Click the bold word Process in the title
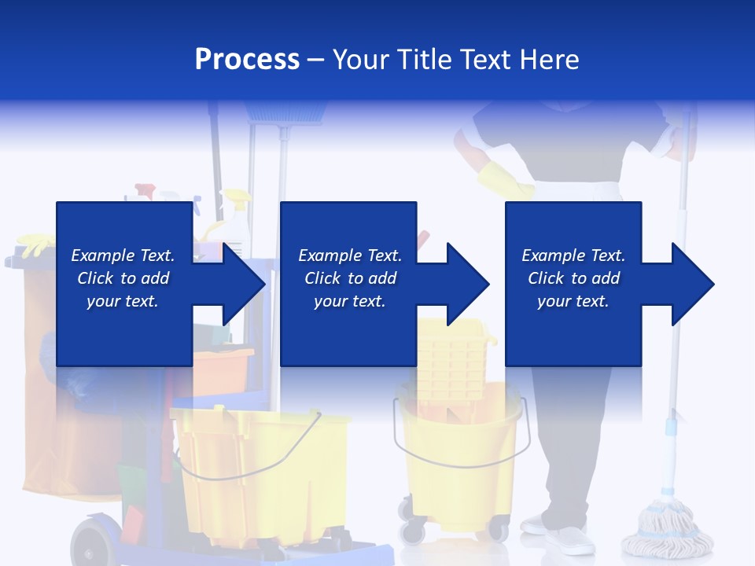pyautogui.click(x=247, y=60)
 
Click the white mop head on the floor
pyautogui.click(x=665, y=531)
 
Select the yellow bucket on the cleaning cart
pyautogui.click(x=260, y=472)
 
